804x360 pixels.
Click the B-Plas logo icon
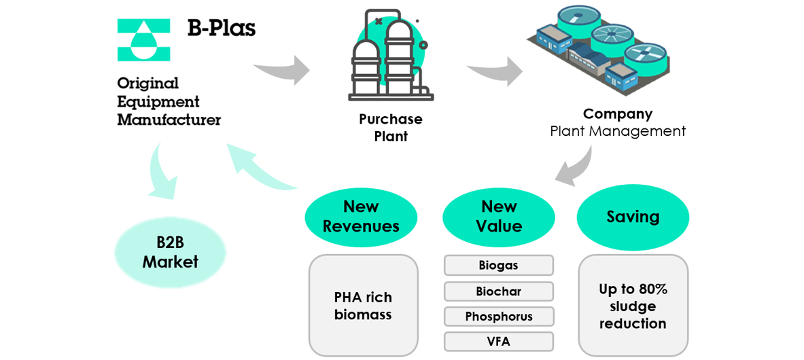point(143,40)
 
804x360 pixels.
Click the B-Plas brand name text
point(222,29)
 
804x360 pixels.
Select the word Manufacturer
point(169,120)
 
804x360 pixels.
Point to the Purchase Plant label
point(391,128)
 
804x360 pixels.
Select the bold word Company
point(617,113)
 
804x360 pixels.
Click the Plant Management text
point(618,131)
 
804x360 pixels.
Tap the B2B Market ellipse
point(170,252)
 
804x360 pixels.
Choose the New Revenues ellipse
point(361,216)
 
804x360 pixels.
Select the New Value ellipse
point(498,216)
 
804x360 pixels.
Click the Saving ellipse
point(633,217)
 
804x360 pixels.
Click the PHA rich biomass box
point(363,306)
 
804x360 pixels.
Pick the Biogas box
point(498,266)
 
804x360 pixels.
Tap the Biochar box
point(498,291)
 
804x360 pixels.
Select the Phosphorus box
point(498,317)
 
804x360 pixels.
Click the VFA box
point(498,342)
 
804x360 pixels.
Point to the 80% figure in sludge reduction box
point(652,289)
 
